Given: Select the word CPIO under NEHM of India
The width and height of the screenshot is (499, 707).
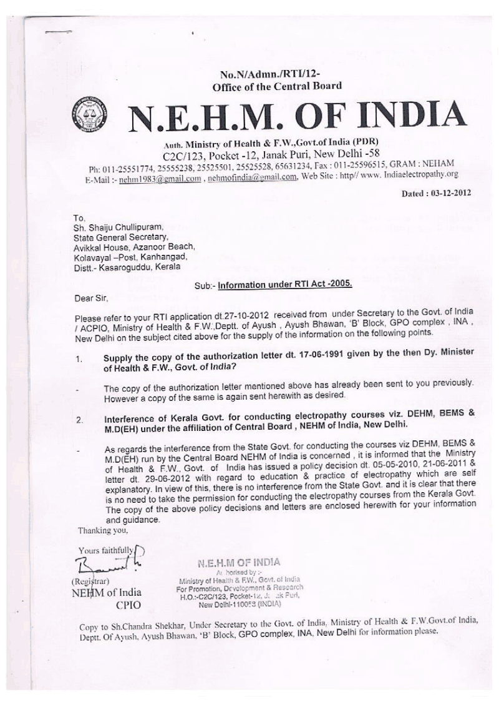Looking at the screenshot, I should pos(128,605).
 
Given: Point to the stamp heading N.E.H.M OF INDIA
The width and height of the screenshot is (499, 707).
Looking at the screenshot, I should pos(239,562).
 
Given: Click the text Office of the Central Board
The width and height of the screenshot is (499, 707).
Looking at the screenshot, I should pos(277,86).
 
